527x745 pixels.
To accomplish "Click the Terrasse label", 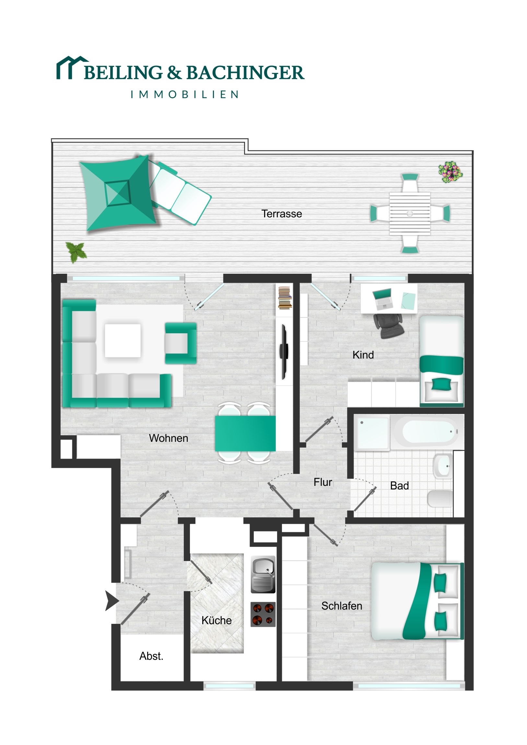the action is coord(282,214).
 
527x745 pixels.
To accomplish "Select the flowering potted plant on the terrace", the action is coord(451,172).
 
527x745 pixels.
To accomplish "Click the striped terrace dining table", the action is coord(410,213).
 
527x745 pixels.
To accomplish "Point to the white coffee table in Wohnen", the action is coord(123,340).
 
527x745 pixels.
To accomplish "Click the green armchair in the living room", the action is coord(181,343).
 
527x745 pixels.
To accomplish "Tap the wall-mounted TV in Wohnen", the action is coord(284,352).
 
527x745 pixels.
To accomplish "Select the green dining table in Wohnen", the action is coord(245,433).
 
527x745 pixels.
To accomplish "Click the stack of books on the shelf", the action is coord(285,298).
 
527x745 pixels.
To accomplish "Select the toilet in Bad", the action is coord(440,499).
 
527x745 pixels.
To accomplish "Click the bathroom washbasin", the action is coord(443,466).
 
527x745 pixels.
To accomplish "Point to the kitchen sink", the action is coord(263,574).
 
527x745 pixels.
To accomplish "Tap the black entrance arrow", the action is coord(112,601).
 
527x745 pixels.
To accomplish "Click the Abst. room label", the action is coord(151,656).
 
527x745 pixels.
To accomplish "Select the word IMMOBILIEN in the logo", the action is coord(185,95).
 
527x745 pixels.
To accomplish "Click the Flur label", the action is coord(323,482).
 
